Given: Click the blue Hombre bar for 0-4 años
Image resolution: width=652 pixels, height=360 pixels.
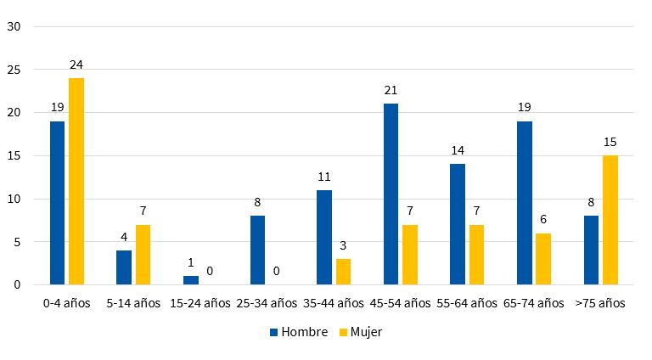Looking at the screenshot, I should (x=57, y=203).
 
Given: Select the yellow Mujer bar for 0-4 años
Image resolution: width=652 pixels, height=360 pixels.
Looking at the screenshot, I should (x=76, y=182).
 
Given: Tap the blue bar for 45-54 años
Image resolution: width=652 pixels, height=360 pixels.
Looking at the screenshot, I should (x=391, y=194).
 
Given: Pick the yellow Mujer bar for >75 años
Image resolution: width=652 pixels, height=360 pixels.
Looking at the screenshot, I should (x=610, y=220).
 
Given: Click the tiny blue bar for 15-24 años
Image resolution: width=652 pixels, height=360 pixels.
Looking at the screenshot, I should (x=190, y=280).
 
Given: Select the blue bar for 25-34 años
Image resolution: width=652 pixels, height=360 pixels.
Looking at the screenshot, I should (x=257, y=250).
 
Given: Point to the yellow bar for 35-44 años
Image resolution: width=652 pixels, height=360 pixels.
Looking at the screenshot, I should (x=343, y=272).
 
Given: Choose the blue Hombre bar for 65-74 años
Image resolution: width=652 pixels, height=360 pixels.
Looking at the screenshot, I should (x=524, y=203).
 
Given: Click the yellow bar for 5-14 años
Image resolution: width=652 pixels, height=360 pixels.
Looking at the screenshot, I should (x=143, y=255).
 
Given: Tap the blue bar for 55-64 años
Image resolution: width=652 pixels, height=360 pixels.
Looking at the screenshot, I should (x=457, y=224).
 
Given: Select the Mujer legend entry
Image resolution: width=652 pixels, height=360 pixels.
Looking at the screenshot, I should (x=362, y=332).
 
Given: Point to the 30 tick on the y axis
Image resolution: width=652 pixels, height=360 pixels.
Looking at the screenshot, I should (x=14, y=26).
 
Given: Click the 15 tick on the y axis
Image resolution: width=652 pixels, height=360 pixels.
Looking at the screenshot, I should (x=14, y=156).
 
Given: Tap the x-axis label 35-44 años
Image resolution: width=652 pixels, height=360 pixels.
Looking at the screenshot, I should (x=334, y=303).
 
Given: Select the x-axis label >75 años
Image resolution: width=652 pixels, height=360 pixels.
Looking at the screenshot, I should (x=600, y=303).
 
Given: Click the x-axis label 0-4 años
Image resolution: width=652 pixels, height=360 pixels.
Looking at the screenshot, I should (x=67, y=303).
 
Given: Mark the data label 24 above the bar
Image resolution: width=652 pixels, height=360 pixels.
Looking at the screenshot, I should (x=76, y=65).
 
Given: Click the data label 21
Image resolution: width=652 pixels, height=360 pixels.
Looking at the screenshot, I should (x=391, y=90).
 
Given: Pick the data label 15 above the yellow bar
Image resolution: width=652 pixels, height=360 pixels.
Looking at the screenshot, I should (x=610, y=142).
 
